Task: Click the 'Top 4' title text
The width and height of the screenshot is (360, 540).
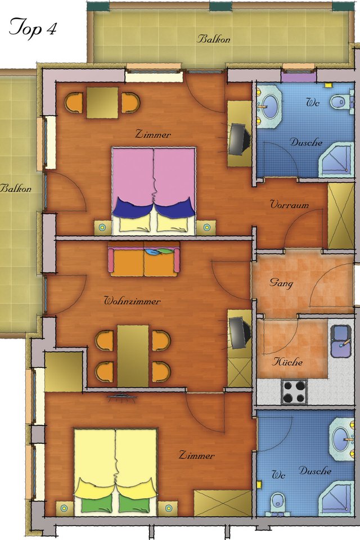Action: pos(33,28)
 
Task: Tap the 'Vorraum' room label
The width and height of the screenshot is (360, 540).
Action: pos(289,204)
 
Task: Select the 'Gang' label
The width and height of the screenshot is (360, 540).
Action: pos(281,283)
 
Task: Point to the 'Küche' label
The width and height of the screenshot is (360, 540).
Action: pos(287,362)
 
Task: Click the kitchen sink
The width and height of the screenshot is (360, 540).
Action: pos(341,341)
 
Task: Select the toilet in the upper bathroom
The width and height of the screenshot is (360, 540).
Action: pos(341,102)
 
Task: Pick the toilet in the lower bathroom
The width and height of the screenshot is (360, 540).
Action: pos(278,503)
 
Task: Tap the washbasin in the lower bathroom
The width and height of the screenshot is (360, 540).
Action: pos(341,439)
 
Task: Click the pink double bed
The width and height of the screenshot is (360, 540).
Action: pos(154,191)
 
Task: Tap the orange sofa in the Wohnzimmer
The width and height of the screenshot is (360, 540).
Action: pos(143,259)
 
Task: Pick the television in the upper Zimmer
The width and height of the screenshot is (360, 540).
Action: pos(240,138)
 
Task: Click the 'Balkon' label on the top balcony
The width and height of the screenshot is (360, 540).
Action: pos(213,39)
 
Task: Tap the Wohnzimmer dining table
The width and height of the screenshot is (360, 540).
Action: pos(133,355)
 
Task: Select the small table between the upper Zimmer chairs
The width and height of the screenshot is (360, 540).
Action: pos(102,102)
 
